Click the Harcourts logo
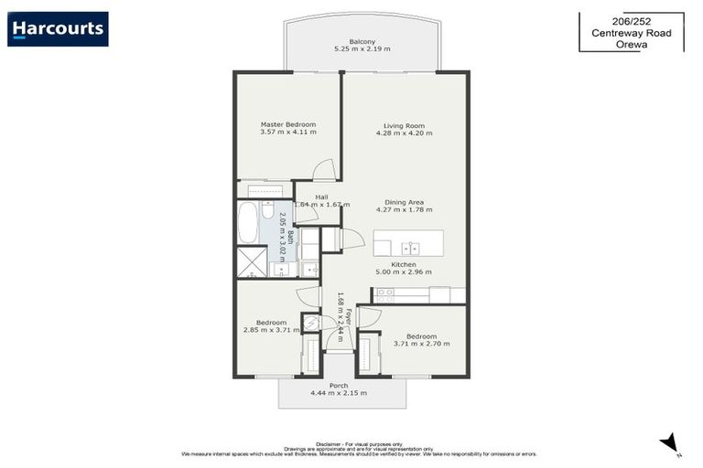click(58, 29)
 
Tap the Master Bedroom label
click(287, 124)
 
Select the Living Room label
click(404, 125)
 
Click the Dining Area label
click(404, 202)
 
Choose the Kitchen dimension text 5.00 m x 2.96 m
click(404, 271)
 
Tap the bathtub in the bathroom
click(248, 223)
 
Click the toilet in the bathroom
click(267, 213)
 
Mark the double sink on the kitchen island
click(409, 247)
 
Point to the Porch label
click(339, 386)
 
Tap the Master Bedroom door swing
click(323, 171)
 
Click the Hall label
click(321, 197)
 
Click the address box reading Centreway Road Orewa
click(631, 32)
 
